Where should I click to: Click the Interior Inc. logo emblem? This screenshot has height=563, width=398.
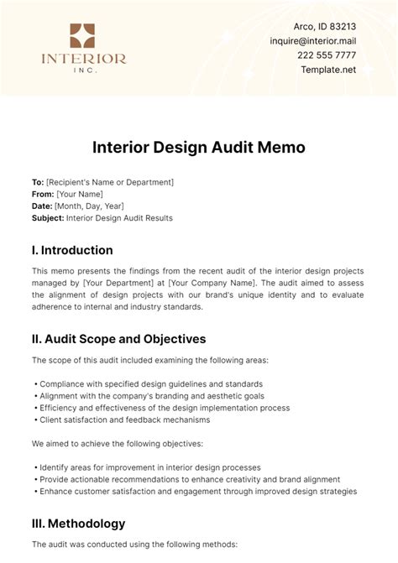click(x=82, y=36)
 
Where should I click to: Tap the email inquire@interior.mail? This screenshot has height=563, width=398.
click(x=325, y=41)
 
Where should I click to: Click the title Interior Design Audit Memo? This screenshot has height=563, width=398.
click(x=198, y=147)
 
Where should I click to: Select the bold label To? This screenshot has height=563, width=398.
click(x=38, y=182)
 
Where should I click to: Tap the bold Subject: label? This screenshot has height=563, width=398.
click(x=48, y=218)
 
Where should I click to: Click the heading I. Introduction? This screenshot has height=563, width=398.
click(x=72, y=250)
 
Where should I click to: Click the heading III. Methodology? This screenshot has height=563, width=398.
click(x=78, y=524)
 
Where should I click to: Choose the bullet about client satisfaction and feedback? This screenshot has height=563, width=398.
click(x=123, y=420)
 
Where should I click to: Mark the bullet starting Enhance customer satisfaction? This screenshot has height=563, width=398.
click(x=197, y=491)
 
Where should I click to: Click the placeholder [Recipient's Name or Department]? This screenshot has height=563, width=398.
click(x=110, y=182)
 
